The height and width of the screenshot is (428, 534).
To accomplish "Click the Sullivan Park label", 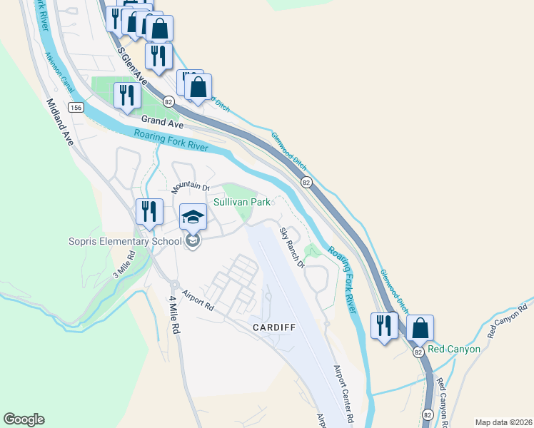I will pos(242,203).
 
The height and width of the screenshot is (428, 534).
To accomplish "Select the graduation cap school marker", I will pos(192,216).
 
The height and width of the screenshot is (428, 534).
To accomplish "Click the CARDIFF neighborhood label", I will pos(274,327).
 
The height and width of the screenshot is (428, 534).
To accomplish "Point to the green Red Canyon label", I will pos(454,350).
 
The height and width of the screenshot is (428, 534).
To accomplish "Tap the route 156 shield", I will pos(76,107).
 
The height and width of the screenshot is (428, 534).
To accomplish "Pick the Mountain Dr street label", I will pos(189,186).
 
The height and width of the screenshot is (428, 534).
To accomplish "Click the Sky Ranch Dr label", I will pos(291,248).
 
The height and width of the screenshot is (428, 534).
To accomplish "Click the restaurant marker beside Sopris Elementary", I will pos(149,211).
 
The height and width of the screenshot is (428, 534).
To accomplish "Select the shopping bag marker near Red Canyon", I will pos(420,327).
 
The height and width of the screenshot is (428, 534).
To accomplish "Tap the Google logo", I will pos(24,419).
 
